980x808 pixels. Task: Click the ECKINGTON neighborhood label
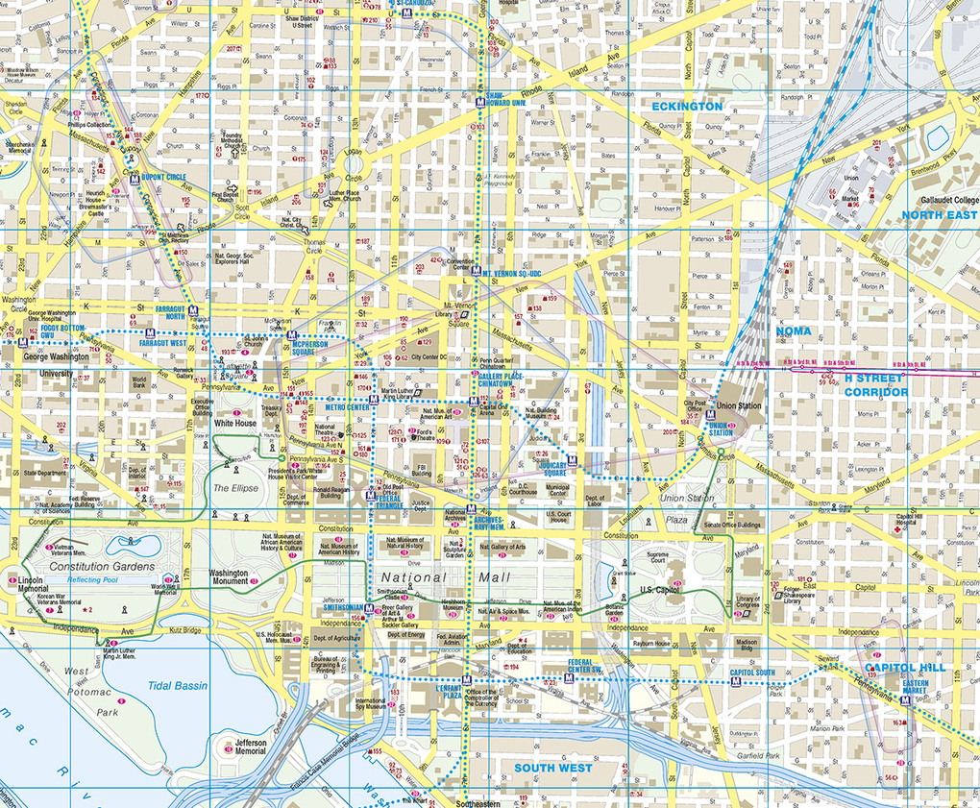(687, 106)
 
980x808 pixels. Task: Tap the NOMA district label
(793, 331)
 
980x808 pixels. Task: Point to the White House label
(235, 423)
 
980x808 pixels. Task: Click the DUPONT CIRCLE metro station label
(163, 178)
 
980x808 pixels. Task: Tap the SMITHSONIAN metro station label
(342, 607)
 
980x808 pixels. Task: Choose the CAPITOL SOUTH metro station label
(751, 673)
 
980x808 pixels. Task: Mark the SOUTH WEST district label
(552, 768)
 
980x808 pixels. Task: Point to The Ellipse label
(235, 488)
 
